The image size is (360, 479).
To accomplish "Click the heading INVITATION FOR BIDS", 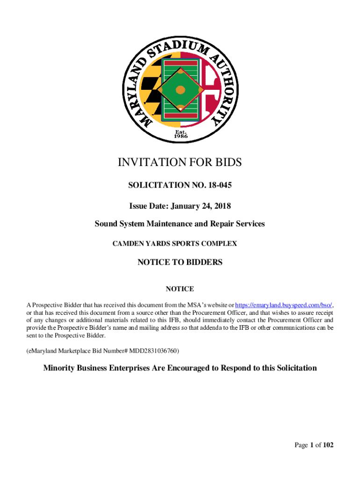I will pos(180,162).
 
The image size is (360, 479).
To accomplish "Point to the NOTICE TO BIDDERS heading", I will pos(180,262).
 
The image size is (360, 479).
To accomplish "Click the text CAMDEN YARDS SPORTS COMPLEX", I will pos(180,243).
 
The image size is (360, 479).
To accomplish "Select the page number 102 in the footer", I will pos(328,445).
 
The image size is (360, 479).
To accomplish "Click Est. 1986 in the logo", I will pos(181,134).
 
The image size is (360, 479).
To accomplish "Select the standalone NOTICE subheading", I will pos(180,289).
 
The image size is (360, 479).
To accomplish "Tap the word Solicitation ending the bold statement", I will pos(293,368).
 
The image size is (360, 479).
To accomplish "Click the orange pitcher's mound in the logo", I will pos(180,90).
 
